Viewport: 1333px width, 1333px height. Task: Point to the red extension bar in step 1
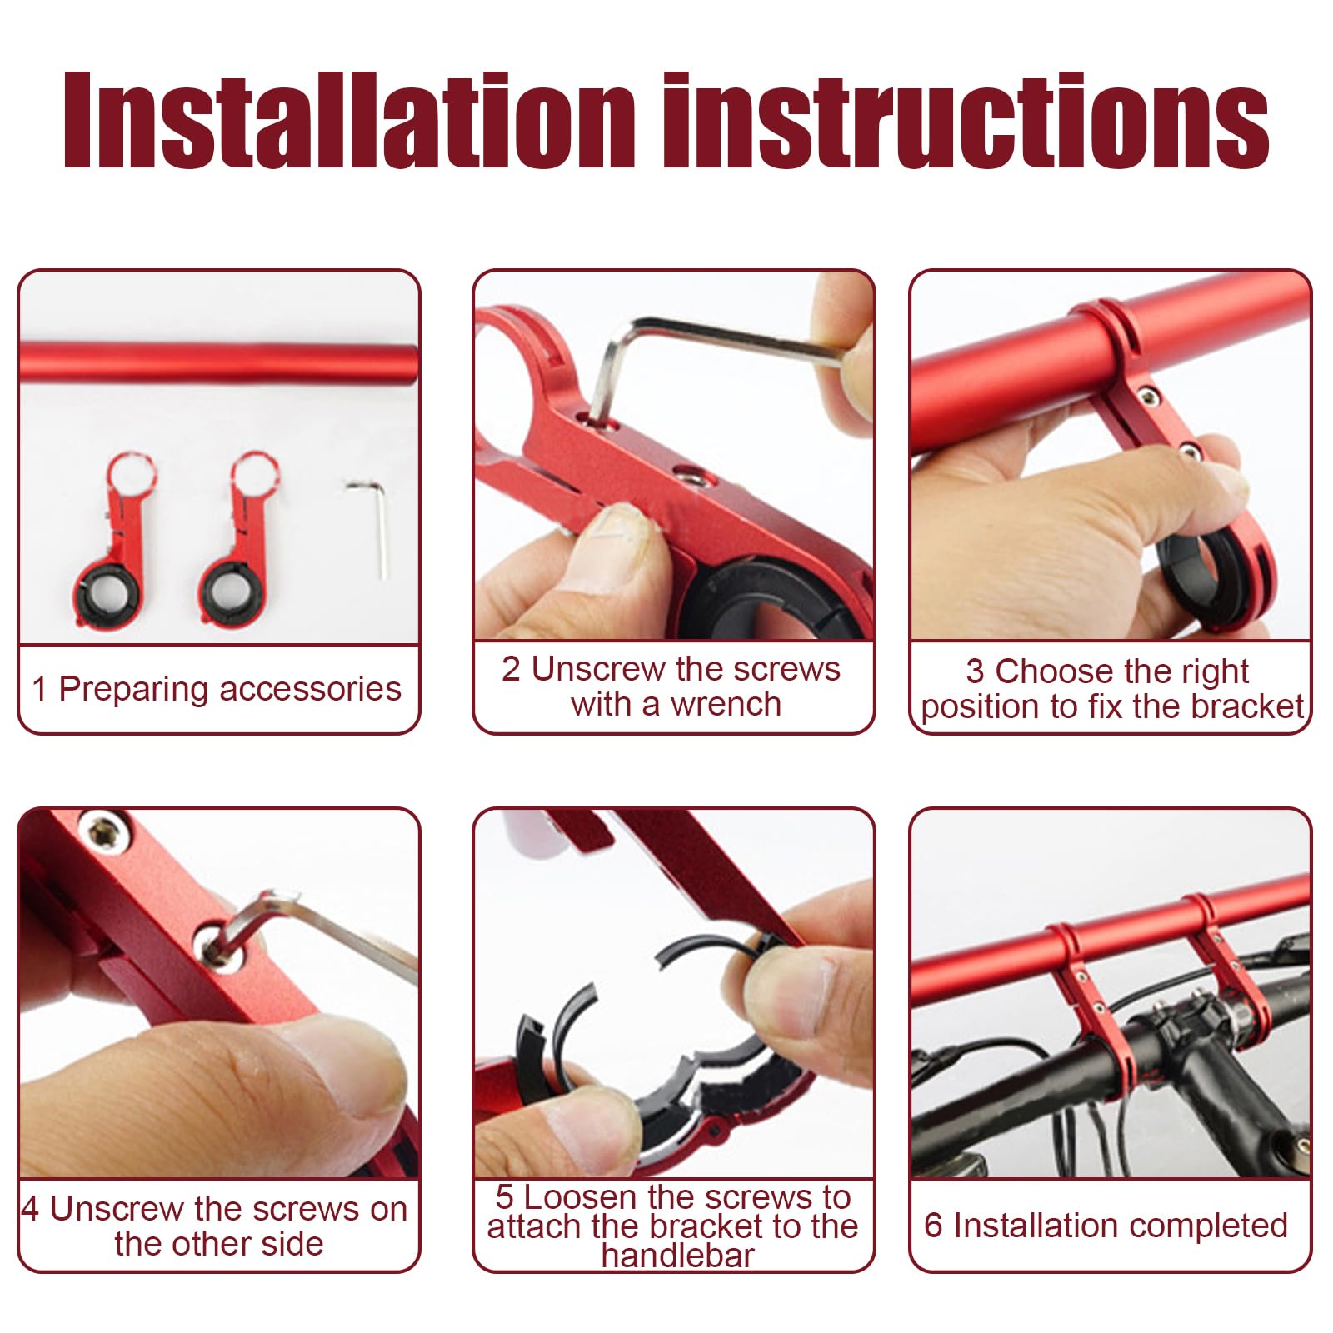[x=218, y=363]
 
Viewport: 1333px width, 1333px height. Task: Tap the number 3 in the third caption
[x=975, y=671]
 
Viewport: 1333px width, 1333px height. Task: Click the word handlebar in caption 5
[x=677, y=1256]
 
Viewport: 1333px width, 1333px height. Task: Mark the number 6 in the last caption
[x=933, y=1226]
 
